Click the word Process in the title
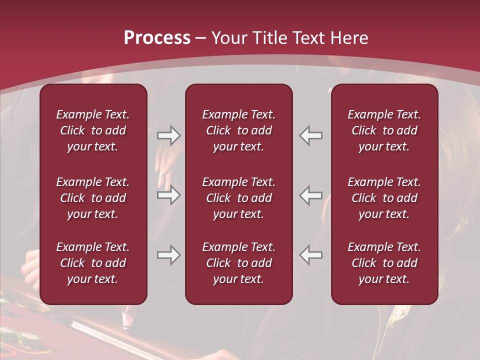[157, 38]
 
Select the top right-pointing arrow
[169, 135]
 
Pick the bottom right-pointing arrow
[169, 255]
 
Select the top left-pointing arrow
[311, 135]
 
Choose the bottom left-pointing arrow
[311, 255]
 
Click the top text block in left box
[93, 130]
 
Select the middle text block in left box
[93, 198]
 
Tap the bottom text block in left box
[93, 263]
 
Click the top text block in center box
[239, 130]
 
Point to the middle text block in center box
[239, 198]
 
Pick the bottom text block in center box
[239, 263]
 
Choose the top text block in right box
[384, 130]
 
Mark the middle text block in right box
[384, 198]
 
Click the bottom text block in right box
[384, 263]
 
